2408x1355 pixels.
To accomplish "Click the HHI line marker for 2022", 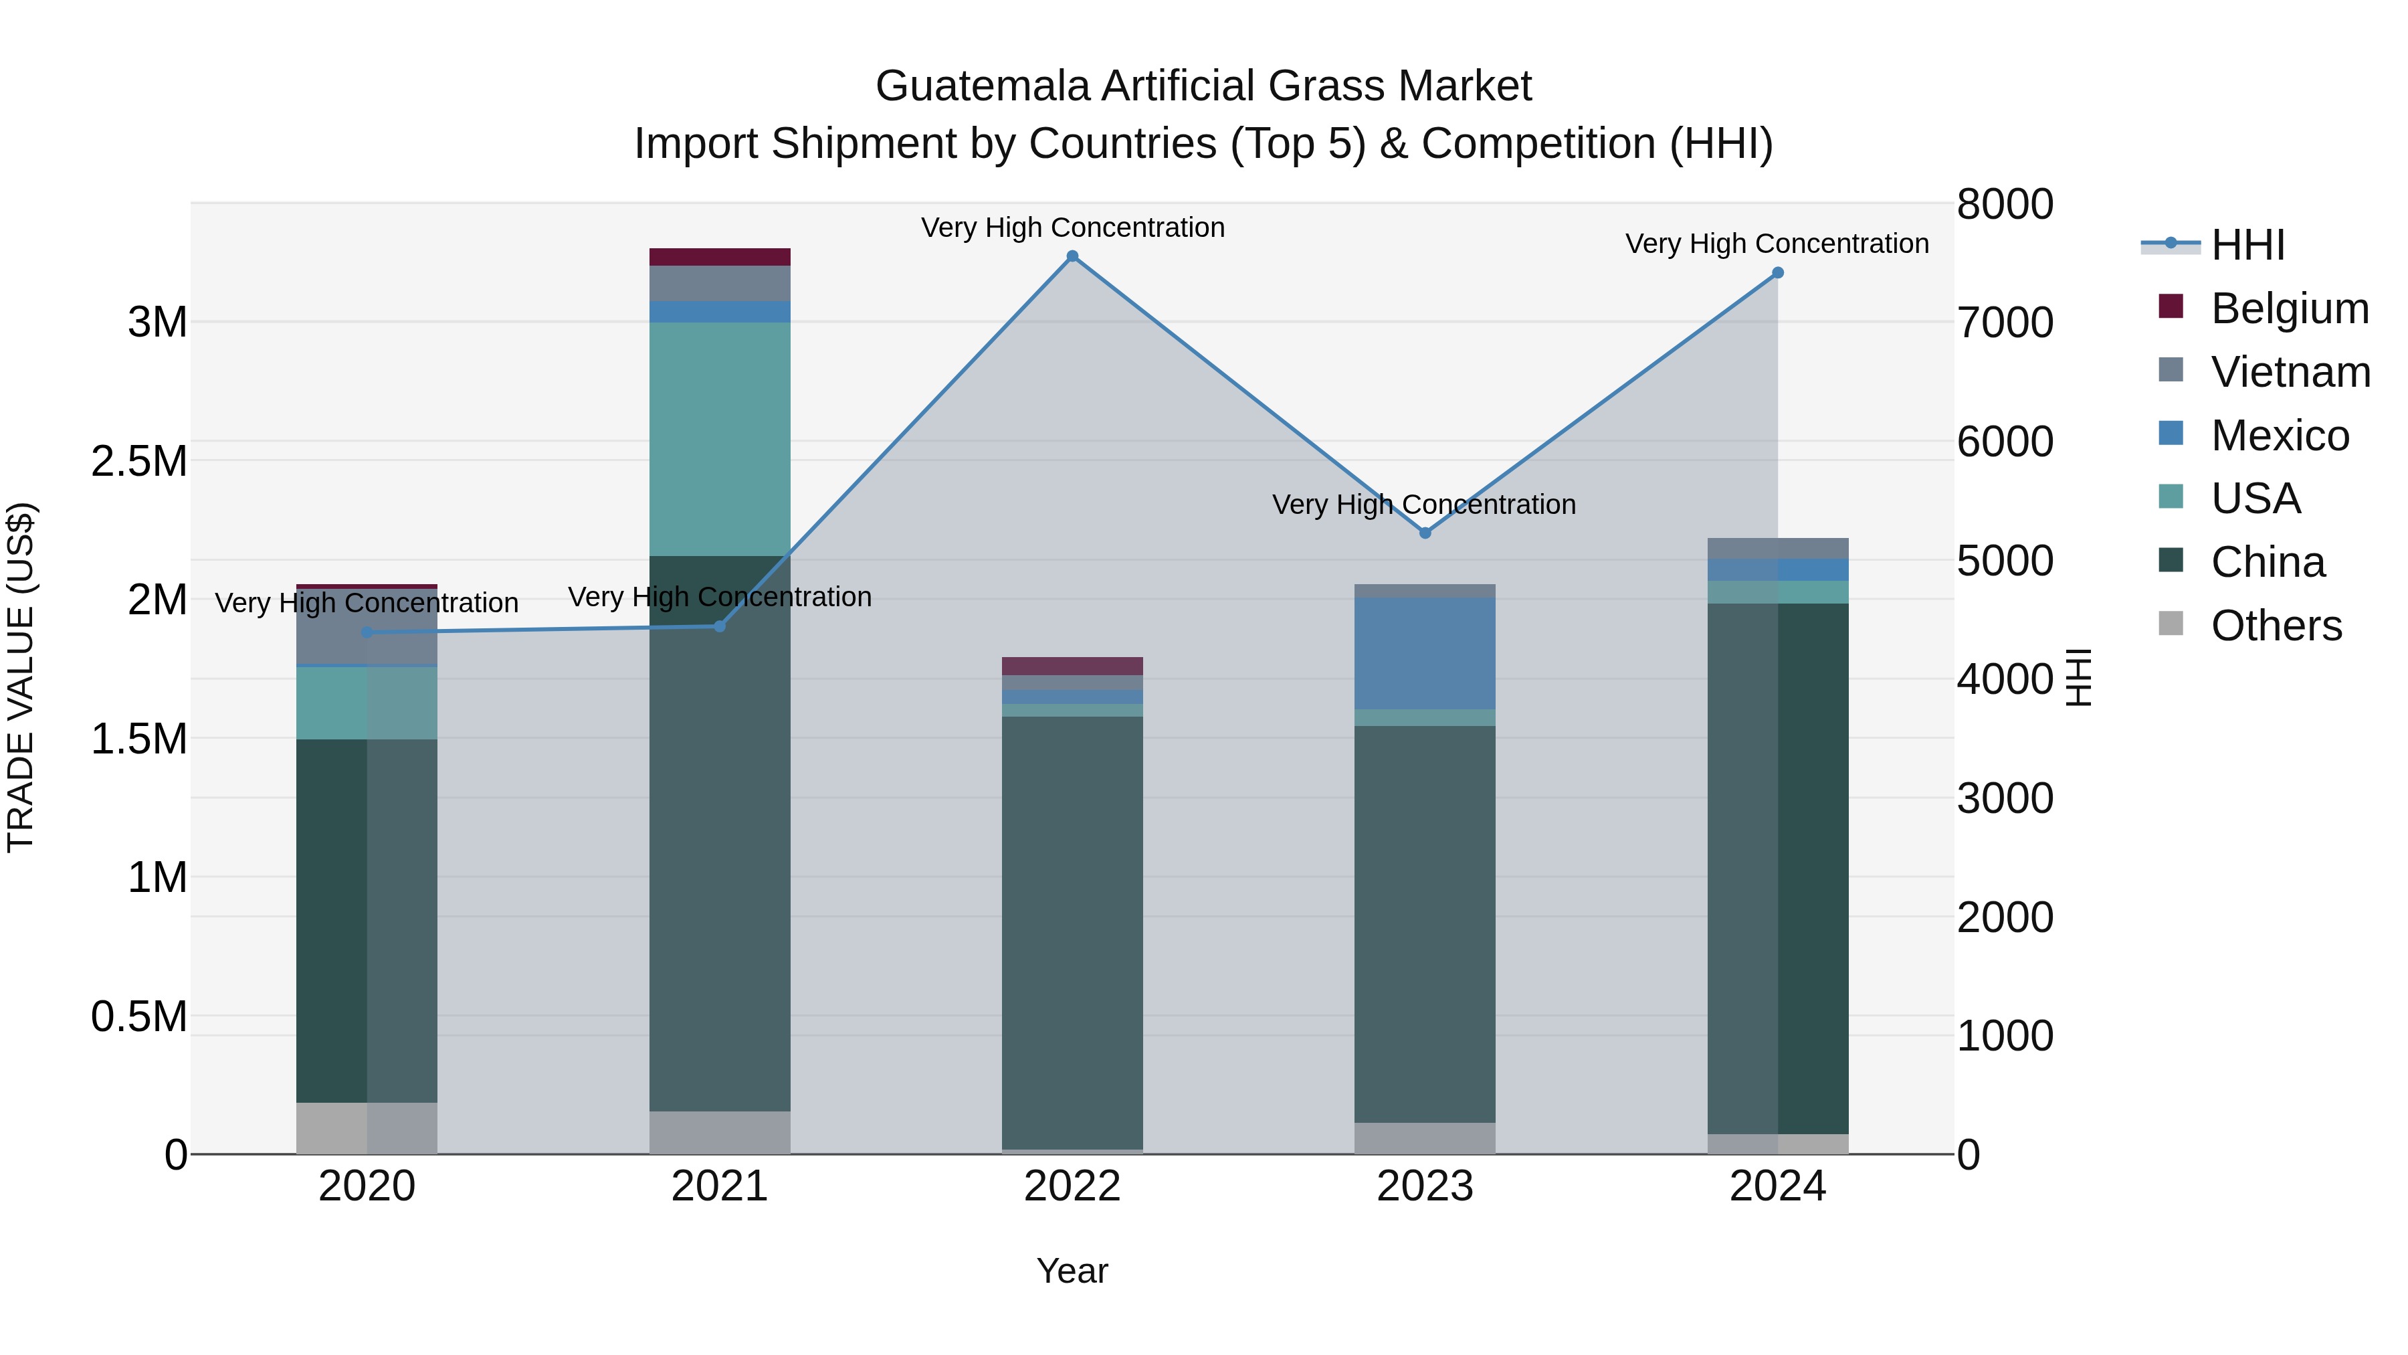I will pyautogui.click(x=1072, y=256).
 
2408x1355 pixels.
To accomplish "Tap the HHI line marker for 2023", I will pyautogui.click(x=1425, y=533).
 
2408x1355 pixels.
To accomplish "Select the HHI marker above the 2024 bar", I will pyautogui.click(x=1778, y=273).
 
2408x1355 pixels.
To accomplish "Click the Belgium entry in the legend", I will pyautogui.click(x=2290, y=308).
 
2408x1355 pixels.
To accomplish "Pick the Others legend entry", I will pyautogui.click(x=2276, y=626).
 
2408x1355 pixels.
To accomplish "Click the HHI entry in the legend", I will pyautogui.click(x=2247, y=245).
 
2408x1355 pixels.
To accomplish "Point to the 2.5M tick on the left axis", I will pyautogui.click(x=139, y=461).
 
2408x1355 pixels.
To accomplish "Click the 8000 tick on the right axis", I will pyautogui.click(x=2005, y=204).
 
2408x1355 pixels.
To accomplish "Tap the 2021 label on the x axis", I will pyautogui.click(x=720, y=1186).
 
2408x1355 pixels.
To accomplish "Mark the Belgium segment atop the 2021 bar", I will pyautogui.click(x=720, y=257).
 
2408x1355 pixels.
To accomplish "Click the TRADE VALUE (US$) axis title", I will pyautogui.click(x=21, y=677).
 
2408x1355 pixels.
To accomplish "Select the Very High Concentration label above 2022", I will pyautogui.click(x=1072, y=228).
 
